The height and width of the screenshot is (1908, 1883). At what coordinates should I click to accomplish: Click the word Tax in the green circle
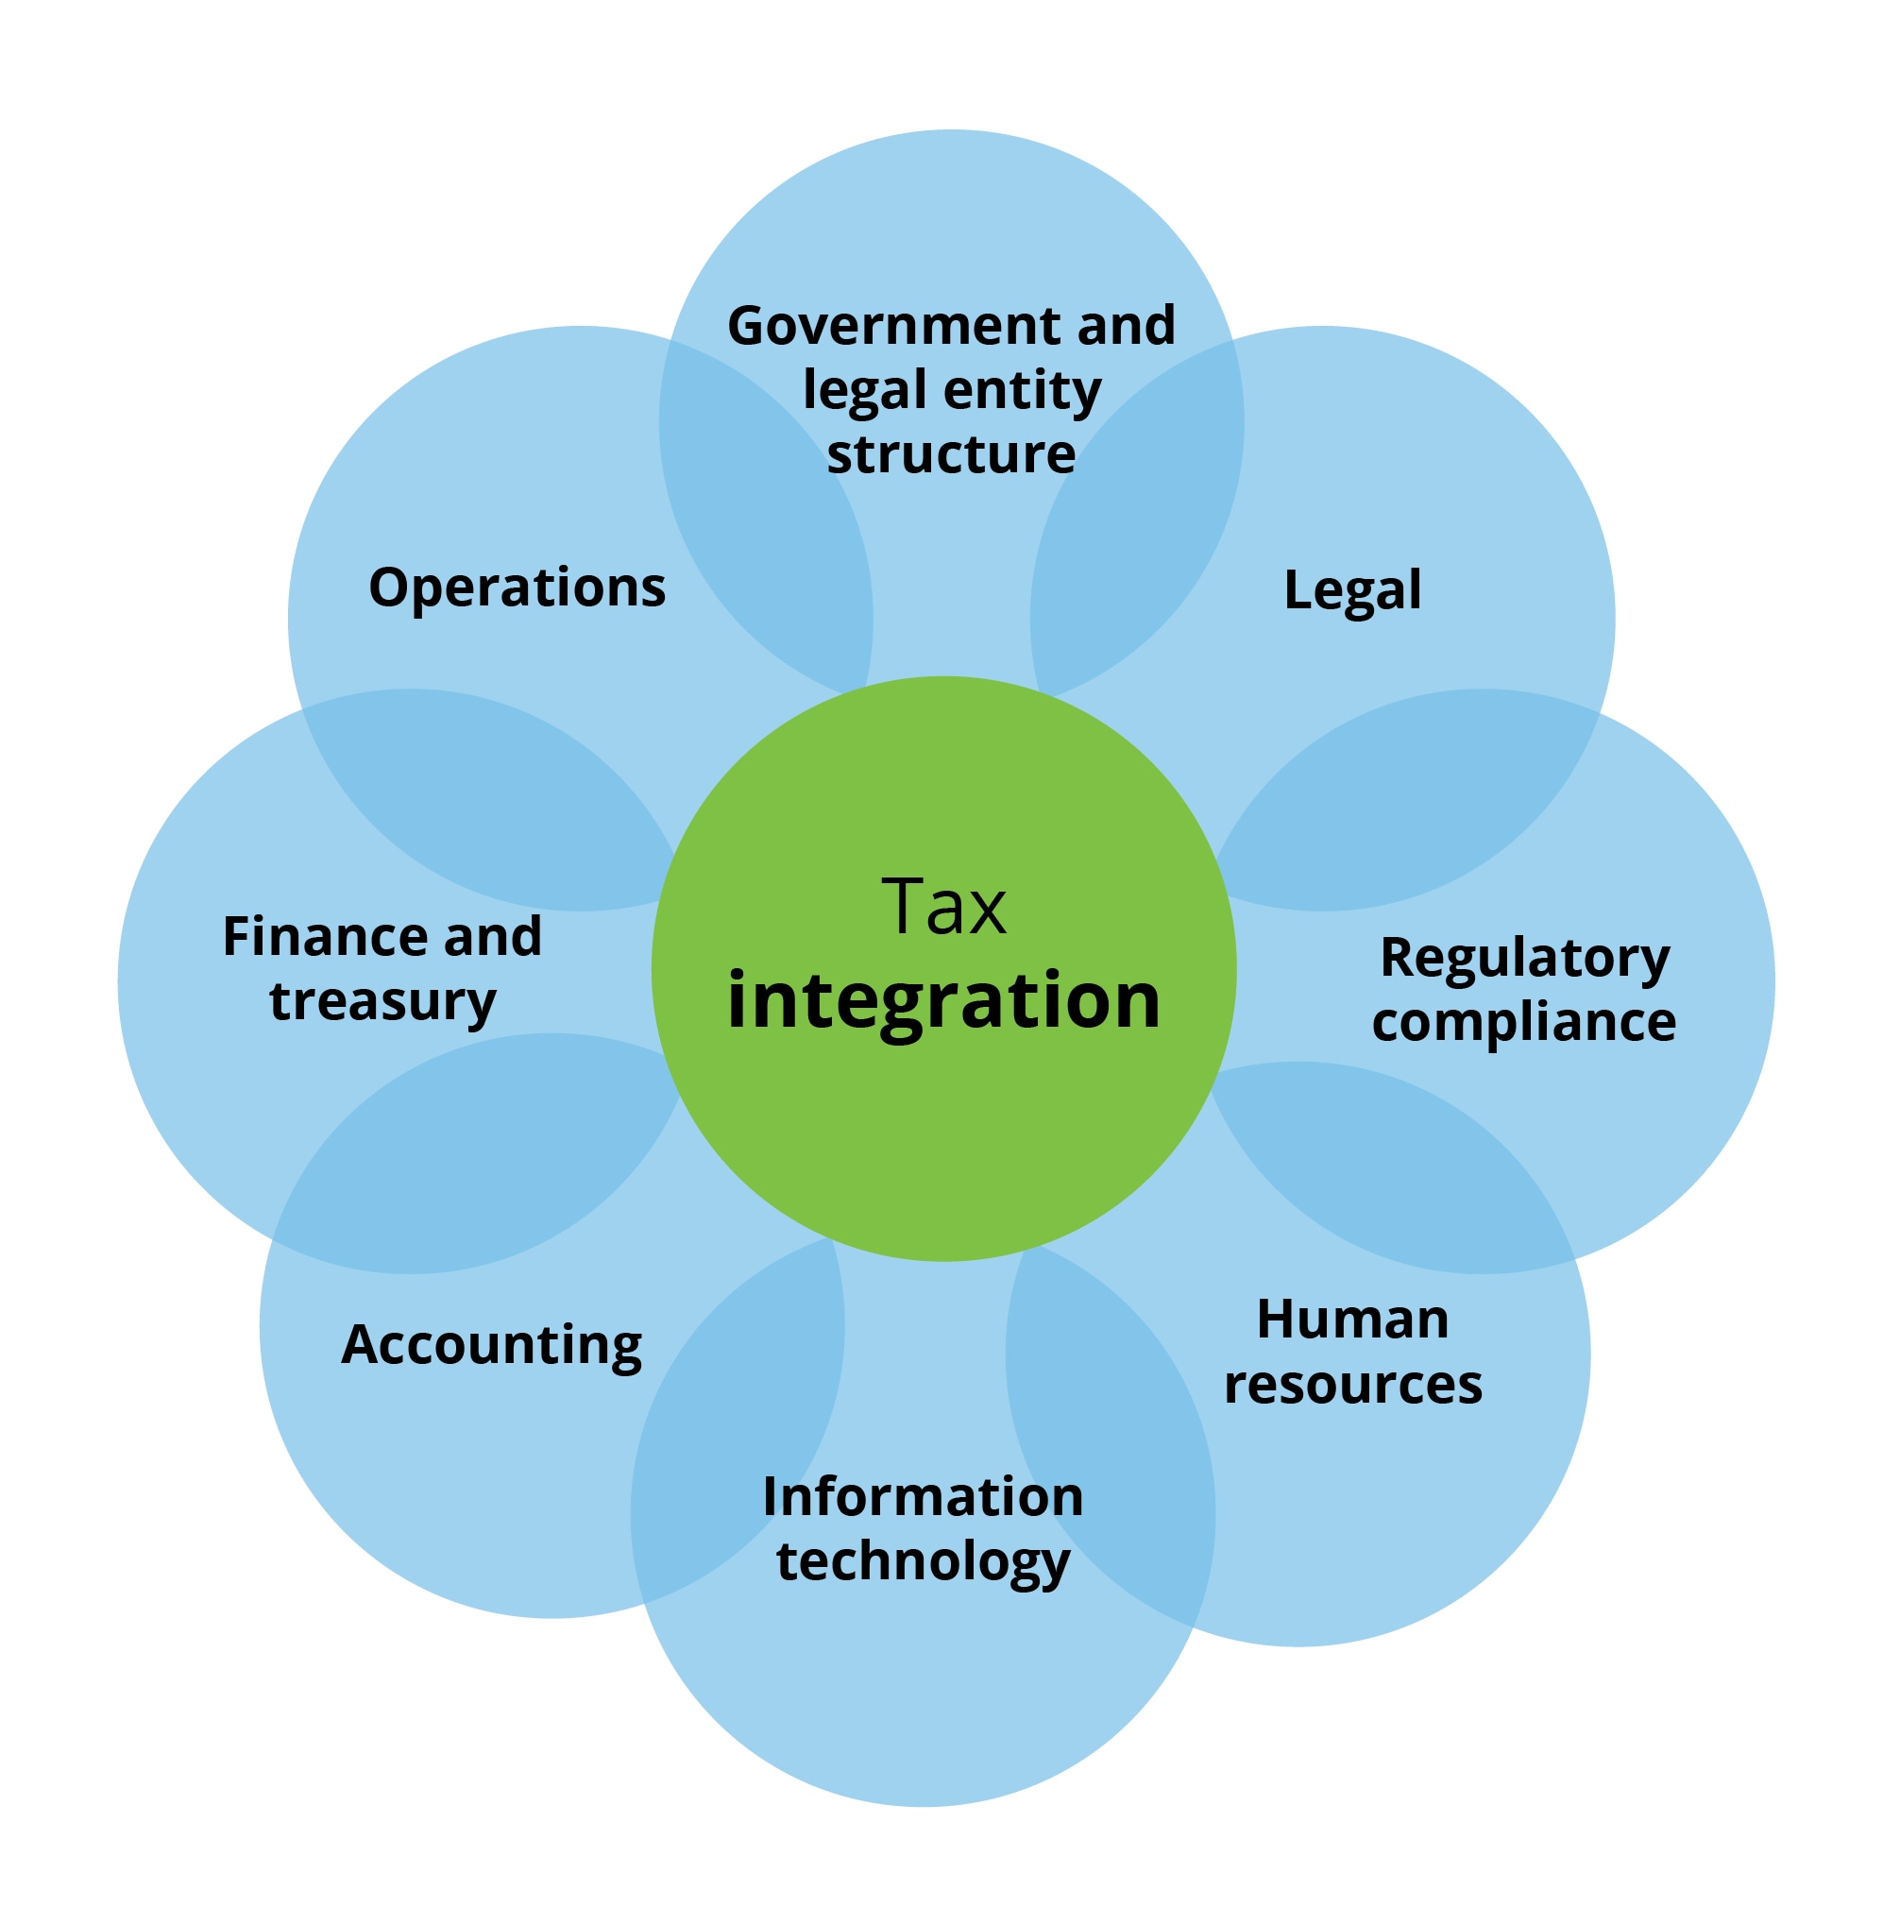(x=943, y=907)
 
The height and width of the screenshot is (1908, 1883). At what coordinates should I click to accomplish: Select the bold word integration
(x=943, y=999)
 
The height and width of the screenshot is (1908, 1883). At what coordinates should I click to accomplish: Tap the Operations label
(x=517, y=588)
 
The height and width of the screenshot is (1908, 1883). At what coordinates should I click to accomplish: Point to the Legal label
(x=1351, y=590)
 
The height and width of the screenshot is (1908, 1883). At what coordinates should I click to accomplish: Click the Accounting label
(x=491, y=1345)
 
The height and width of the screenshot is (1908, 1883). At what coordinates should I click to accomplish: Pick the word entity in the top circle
(x=1022, y=391)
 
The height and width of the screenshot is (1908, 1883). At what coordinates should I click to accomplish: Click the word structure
(x=950, y=454)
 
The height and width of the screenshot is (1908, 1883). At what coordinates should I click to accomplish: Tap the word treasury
(x=382, y=1001)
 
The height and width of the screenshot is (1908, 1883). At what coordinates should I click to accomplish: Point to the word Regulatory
(x=1523, y=958)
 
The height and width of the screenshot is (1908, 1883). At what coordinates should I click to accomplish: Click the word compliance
(x=1522, y=1021)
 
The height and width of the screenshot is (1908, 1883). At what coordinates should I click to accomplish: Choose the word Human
(x=1351, y=1320)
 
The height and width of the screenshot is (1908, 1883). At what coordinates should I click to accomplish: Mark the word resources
(x=1351, y=1384)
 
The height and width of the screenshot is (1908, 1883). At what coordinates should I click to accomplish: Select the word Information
(x=923, y=1496)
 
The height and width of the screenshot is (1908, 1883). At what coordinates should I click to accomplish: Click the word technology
(x=923, y=1560)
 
